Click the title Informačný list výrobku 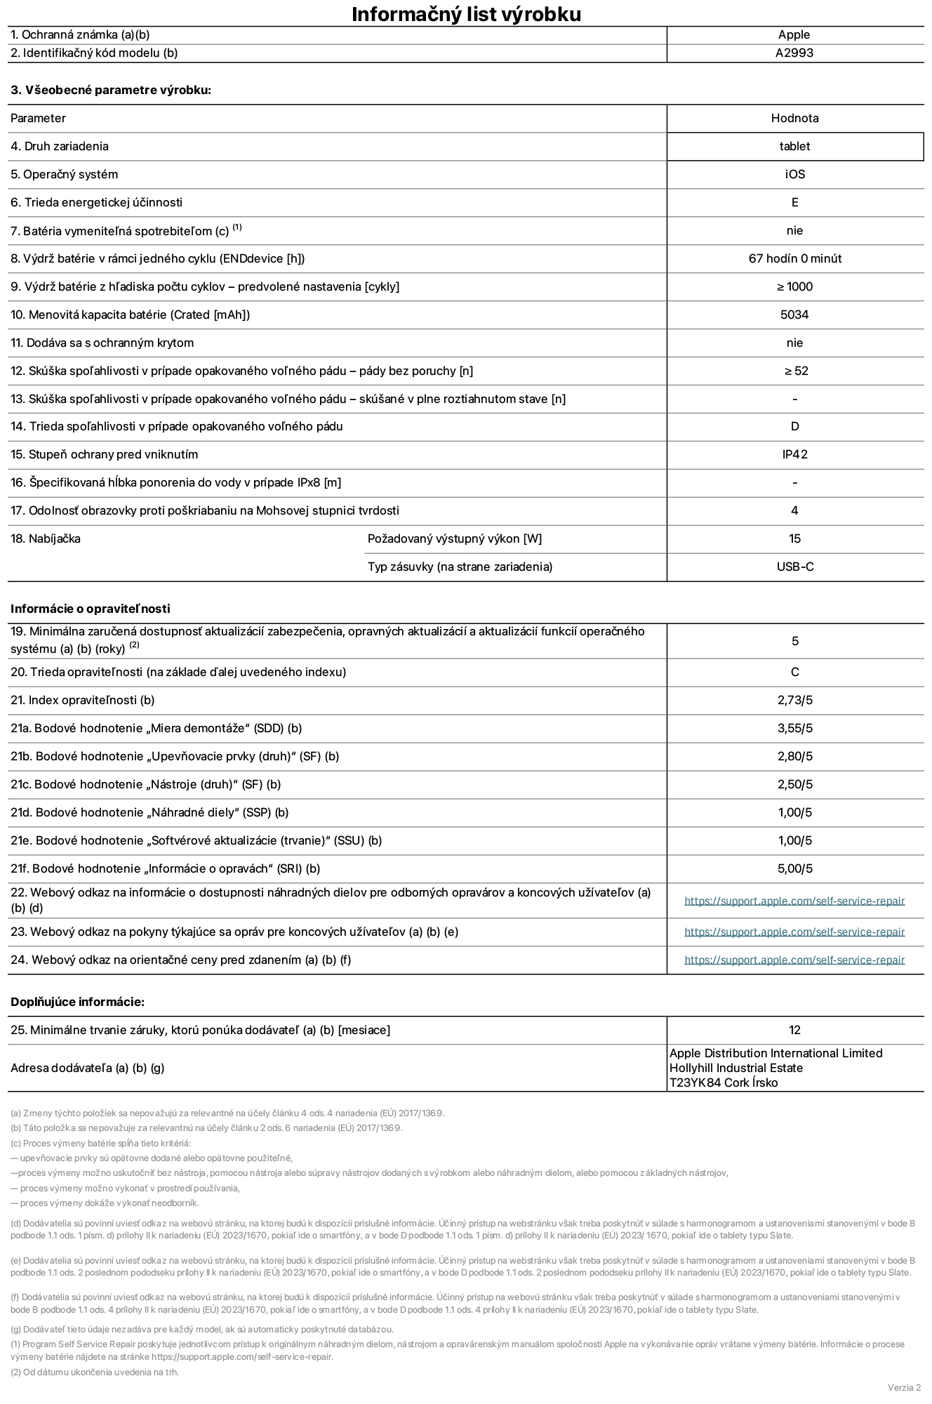point(466,14)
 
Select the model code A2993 point(794,53)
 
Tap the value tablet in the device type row point(794,146)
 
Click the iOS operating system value point(794,174)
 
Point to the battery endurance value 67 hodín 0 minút point(794,258)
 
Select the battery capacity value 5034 point(794,314)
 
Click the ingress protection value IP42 point(794,454)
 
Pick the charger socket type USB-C point(794,567)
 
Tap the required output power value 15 point(794,538)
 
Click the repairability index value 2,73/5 point(794,700)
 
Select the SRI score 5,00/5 point(794,868)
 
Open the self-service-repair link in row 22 point(794,901)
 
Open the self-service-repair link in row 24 point(794,960)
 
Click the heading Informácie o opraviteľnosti point(91,609)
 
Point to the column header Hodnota point(794,118)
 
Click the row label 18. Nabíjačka point(46,538)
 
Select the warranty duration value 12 point(794,1030)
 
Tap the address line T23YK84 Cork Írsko point(723,1082)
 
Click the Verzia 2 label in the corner point(904,1387)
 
